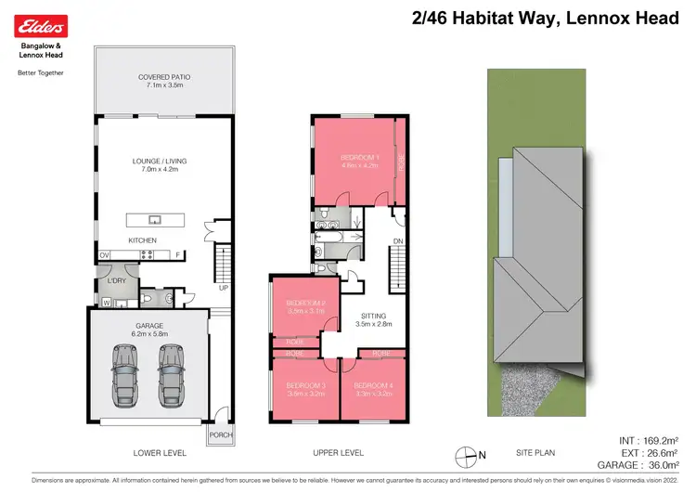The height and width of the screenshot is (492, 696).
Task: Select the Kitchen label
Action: tap(142, 240)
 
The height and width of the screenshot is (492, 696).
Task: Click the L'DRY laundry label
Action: tap(116, 280)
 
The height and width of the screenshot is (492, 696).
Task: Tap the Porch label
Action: tap(221, 435)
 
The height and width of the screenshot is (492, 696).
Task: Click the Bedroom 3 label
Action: tap(305, 389)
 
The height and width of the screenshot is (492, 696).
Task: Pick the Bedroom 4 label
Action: tap(374, 389)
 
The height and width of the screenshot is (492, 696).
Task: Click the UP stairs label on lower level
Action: tap(222, 288)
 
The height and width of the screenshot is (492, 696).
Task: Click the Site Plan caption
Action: tap(535, 453)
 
